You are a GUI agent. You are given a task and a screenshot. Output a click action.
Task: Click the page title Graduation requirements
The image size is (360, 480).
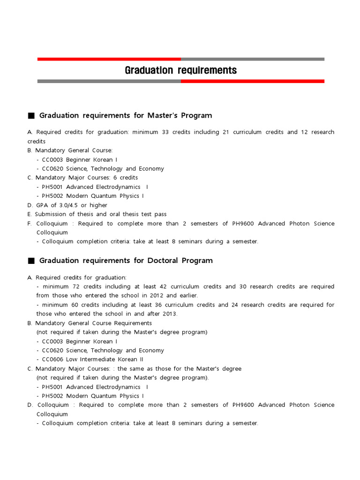(180, 70)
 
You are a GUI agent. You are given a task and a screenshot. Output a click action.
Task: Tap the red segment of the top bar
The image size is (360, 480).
(109, 59)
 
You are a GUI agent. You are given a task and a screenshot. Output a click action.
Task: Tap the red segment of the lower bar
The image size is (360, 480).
(252, 81)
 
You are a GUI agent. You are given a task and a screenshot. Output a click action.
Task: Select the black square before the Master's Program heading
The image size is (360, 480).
(31, 116)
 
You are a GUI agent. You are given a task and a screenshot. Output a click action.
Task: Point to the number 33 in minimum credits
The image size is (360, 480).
(165, 132)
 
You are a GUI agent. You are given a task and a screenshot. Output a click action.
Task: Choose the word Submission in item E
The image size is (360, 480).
(51, 214)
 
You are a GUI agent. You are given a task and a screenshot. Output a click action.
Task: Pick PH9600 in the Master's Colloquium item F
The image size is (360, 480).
(243, 224)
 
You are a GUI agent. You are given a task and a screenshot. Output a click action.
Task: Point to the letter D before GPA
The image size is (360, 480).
(30, 205)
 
